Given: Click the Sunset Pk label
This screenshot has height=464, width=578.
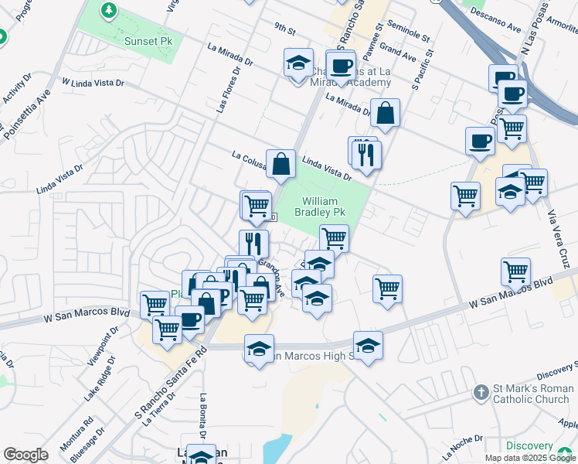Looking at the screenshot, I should pyautogui.click(x=148, y=39).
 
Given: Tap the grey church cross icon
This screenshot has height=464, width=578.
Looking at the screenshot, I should pyautogui.click(x=480, y=394).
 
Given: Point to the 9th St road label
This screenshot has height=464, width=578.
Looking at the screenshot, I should pyautogui.click(x=284, y=30).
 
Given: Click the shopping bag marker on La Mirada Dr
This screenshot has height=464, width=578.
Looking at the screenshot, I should pyautogui.click(x=385, y=114).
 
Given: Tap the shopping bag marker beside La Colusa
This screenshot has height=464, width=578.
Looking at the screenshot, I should pyautogui.click(x=280, y=164).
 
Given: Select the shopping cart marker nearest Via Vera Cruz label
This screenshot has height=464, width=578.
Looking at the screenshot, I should pyautogui.click(x=532, y=184).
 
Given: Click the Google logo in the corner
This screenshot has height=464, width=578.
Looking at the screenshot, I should pyautogui.click(x=25, y=455).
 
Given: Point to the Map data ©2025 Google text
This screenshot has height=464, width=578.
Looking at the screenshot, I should pyautogui.click(x=531, y=458).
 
